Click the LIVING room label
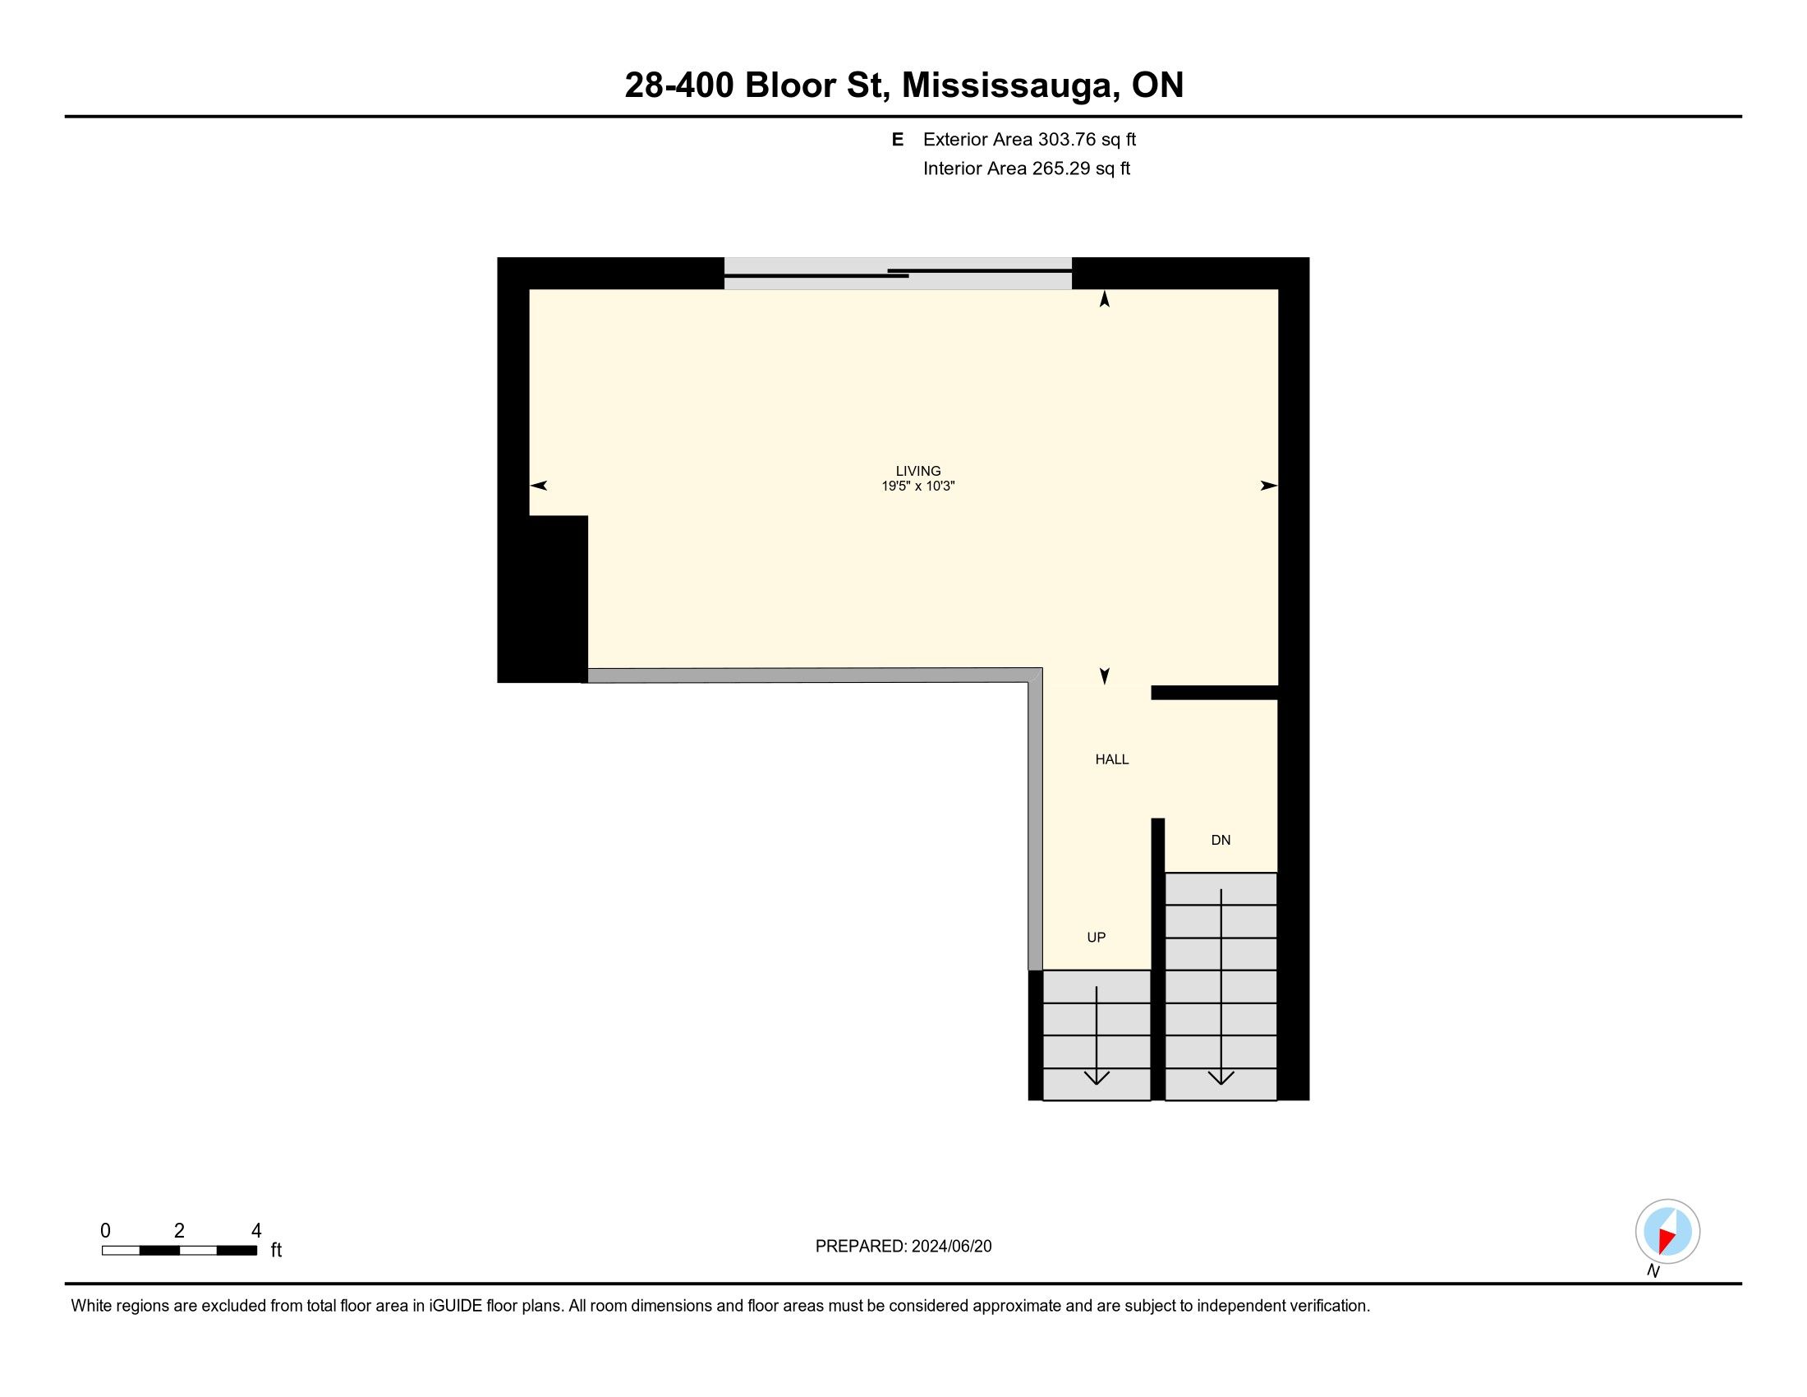(x=918, y=471)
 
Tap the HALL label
(x=1112, y=760)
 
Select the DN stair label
(x=1221, y=840)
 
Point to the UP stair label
(x=1097, y=938)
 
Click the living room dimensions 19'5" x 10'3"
(x=918, y=486)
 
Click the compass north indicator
(x=1667, y=1232)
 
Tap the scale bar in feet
(x=180, y=1251)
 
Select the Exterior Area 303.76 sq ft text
(x=1029, y=139)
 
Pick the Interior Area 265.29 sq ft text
(x=1027, y=168)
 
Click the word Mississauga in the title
(x=1008, y=85)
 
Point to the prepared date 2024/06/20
(x=951, y=1247)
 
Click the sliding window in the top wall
(x=898, y=273)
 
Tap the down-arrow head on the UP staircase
(x=1097, y=1077)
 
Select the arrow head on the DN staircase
(x=1221, y=1077)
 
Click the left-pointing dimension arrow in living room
(x=538, y=486)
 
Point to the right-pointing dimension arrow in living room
(x=1269, y=486)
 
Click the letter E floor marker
(x=897, y=139)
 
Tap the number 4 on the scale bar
(x=256, y=1231)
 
